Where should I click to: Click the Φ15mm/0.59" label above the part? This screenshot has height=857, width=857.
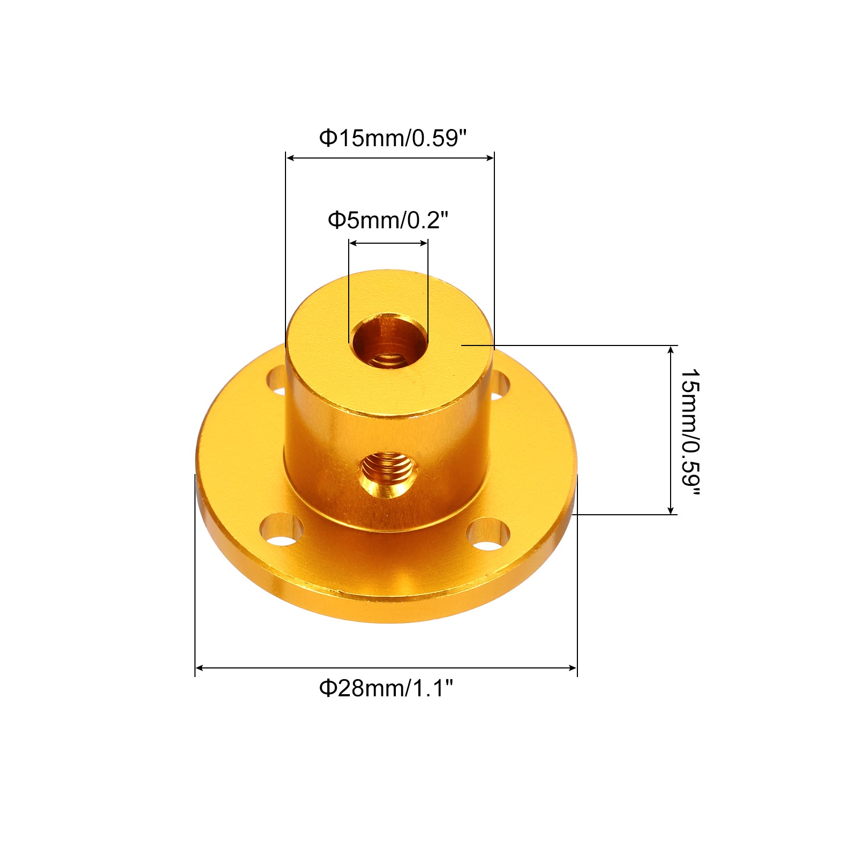pos(393,138)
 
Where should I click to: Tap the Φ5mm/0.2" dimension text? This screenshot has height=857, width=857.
pos(388,220)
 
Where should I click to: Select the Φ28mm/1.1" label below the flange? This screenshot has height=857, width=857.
pos(386,688)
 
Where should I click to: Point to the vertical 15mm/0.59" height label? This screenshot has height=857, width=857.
pos(690,432)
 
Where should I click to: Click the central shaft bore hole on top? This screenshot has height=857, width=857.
pos(389,341)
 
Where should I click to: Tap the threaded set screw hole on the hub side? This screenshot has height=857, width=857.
pos(388,473)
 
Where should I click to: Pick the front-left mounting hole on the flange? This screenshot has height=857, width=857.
pos(281,530)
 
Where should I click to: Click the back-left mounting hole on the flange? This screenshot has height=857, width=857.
pos(277,380)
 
